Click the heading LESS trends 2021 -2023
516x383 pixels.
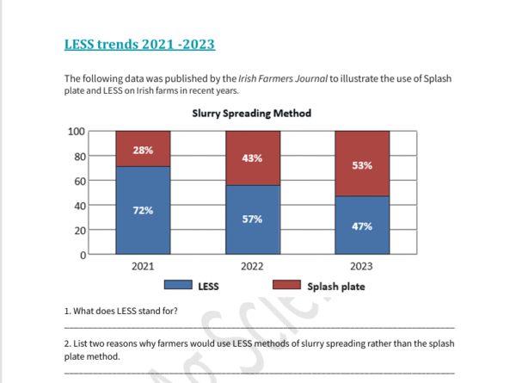139,44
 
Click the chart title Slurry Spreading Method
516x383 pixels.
252,114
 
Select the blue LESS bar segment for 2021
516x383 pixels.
143,211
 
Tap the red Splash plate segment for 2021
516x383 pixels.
143,149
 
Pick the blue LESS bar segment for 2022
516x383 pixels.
252,219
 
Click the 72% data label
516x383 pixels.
143,211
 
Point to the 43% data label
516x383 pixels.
252,158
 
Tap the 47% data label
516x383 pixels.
362,225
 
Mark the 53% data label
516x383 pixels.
362,165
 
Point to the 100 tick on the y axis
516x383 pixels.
76,132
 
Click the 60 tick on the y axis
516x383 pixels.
78,182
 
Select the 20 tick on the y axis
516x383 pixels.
78,231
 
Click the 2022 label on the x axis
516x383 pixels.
252,267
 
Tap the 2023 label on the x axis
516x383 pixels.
362,267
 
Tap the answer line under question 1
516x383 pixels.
258,328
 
